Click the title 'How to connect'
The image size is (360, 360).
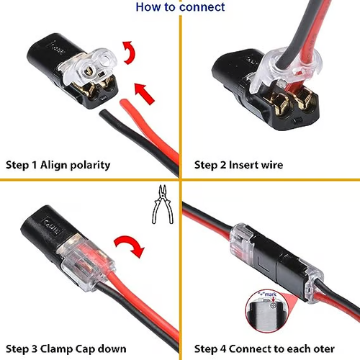[x=180, y=7]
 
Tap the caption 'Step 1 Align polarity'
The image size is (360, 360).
[x=58, y=165]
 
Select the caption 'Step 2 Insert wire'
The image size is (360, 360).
[x=238, y=165]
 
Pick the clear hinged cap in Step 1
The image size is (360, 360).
[x=94, y=68]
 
